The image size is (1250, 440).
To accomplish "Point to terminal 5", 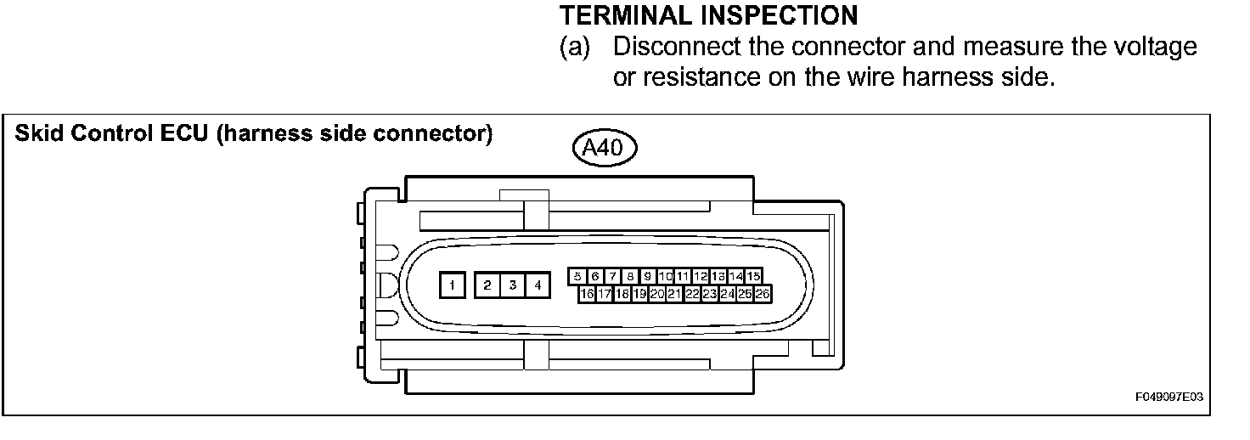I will pos(577,276).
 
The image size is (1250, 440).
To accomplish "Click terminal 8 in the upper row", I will pos(630,276).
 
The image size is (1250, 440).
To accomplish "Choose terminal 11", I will pos(683,276).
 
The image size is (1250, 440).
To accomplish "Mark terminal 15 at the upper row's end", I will pos(753,276).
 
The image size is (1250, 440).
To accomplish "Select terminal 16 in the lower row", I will pos(587,294).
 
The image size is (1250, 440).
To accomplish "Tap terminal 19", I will pos(639,294).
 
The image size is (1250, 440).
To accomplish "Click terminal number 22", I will pos(692,294).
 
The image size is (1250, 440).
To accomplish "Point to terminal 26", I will pos(762,294).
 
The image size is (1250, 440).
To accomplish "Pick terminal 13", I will pos(718,276).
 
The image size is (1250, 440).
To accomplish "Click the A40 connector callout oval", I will pos(605,149).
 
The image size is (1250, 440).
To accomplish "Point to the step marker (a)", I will pos(574,46).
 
